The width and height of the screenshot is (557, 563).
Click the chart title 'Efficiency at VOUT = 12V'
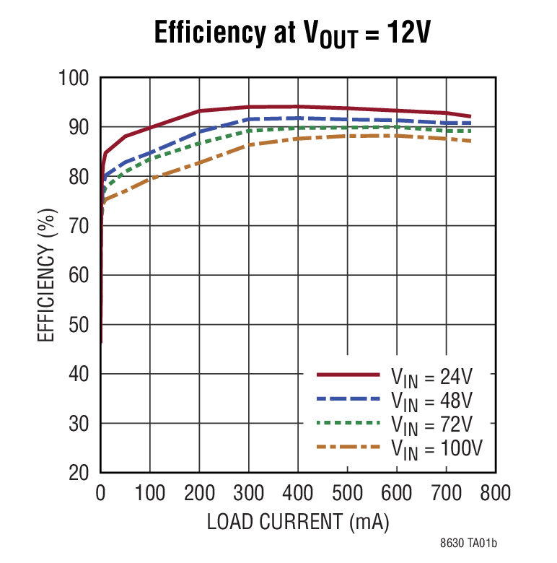click(x=292, y=33)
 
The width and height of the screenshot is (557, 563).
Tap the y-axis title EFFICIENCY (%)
click(x=45, y=275)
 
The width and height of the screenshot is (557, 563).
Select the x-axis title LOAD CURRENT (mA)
click(x=297, y=522)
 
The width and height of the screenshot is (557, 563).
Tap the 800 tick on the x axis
click(x=495, y=494)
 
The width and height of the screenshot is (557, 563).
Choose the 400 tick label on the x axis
click(x=297, y=494)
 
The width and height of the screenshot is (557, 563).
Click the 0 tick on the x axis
click(x=100, y=494)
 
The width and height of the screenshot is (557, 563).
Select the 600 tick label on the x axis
click(x=396, y=494)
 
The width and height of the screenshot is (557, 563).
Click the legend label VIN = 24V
click(x=432, y=375)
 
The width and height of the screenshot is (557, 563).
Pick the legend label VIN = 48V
click(x=432, y=399)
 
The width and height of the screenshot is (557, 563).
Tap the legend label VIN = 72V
click(x=432, y=424)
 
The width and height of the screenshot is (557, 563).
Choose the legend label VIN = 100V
click(x=437, y=448)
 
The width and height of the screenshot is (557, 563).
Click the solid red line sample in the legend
click(x=348, y=375)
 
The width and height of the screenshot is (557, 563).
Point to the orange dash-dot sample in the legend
click(x=348, y=448)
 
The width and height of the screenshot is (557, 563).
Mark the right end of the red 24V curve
click(x=470, y=116)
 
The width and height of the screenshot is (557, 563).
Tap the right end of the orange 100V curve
click(x=470, y=141)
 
